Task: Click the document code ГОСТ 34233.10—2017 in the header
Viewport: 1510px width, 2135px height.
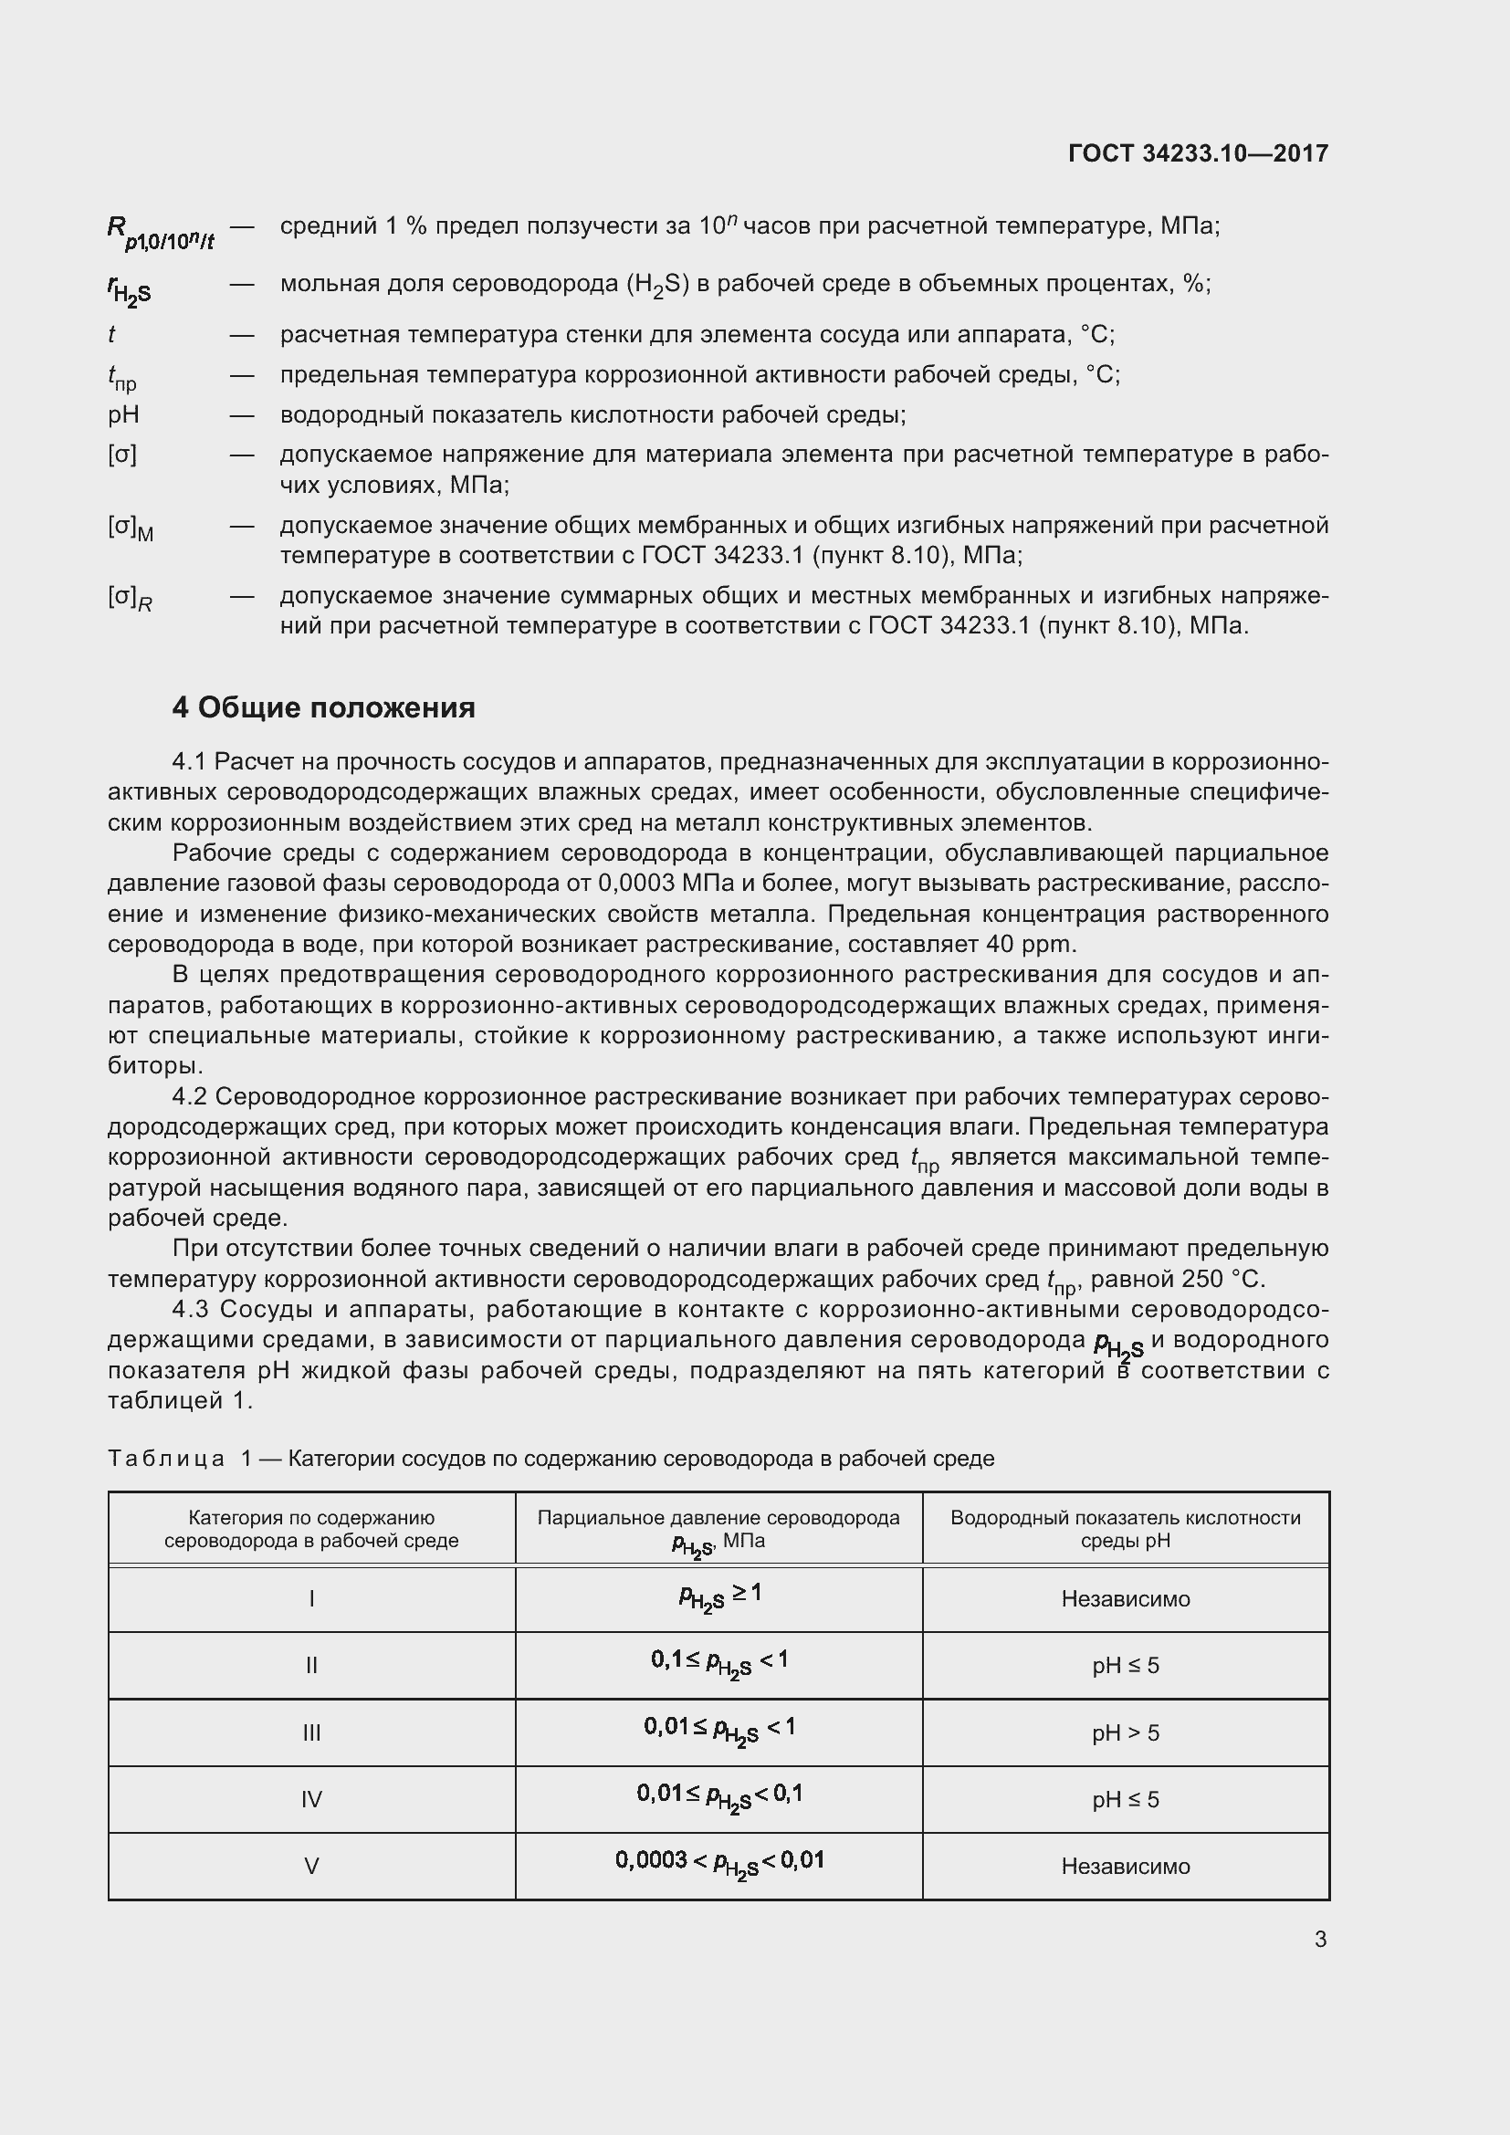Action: pos(1198,153)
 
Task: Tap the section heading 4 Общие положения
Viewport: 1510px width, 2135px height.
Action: pos(322,707)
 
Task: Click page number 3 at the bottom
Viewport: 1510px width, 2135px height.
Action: pos(1320,1940)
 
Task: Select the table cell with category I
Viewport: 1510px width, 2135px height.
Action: pos(311,1599)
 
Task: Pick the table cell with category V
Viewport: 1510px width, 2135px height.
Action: pos(311,1867)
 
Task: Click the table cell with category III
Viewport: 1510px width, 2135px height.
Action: pos(311,1732)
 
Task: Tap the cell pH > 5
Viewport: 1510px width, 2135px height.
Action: pos(1125,1732)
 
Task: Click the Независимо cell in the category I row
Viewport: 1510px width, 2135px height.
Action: pos(1125,1599)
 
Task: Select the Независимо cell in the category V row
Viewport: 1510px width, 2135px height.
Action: pos(1125,1867)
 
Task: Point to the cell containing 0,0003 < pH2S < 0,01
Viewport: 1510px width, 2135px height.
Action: pos(718,1863)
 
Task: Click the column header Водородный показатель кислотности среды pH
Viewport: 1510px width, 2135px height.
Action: pos(1125,1529)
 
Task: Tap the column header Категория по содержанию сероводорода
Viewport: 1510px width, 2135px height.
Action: pos(311,1529)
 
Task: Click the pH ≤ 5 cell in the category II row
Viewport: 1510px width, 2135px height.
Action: pos(1125,1666)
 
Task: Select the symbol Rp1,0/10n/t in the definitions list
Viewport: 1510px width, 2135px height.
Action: pos(160,233)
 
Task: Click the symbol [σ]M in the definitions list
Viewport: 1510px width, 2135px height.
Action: pos(131,529)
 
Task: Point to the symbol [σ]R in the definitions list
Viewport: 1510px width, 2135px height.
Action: pos(131,598)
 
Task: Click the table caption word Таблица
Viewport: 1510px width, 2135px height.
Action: pos(166,1458)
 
